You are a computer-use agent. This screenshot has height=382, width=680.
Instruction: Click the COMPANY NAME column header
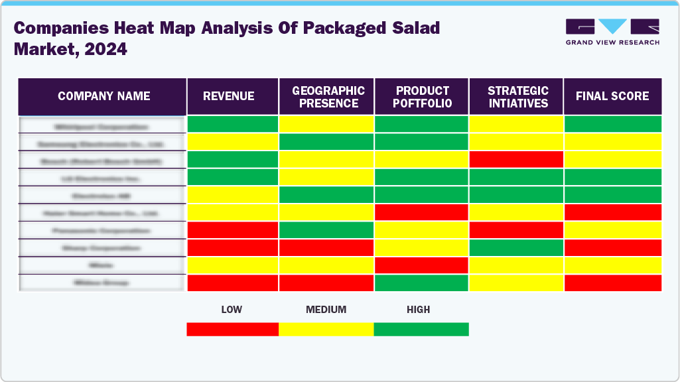point(103,96)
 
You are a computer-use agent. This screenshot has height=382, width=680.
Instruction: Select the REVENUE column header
point(228,96)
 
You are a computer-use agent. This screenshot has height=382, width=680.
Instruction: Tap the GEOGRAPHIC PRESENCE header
point(328,97)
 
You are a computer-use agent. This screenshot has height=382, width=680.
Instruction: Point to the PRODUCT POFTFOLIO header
point(423,97)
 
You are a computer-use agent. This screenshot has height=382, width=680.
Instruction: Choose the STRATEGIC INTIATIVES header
point(517,97)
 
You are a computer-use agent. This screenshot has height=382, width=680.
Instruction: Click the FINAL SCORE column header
point(612,96)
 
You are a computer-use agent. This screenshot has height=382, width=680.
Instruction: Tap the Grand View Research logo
point(612,32)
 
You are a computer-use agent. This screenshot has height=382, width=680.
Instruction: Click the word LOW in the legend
point(231,310)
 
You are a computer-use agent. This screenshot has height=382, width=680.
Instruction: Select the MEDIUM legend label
point(326,310)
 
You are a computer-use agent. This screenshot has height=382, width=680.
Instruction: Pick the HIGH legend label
point(418,310)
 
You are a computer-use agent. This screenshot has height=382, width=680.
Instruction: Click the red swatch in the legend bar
point(232,329)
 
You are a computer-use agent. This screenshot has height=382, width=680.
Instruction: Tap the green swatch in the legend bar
point(421,329)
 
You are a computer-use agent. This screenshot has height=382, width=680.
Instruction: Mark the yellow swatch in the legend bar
point(326,329)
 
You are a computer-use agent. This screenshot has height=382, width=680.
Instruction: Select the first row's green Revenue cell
point(233,124)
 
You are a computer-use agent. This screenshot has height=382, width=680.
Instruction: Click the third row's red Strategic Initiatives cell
point(516,159)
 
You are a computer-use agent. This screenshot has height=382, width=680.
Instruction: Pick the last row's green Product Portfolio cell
point(422,283)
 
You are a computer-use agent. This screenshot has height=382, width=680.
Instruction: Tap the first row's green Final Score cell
point(612,124)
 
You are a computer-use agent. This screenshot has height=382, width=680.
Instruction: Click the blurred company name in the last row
point(102,283)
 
